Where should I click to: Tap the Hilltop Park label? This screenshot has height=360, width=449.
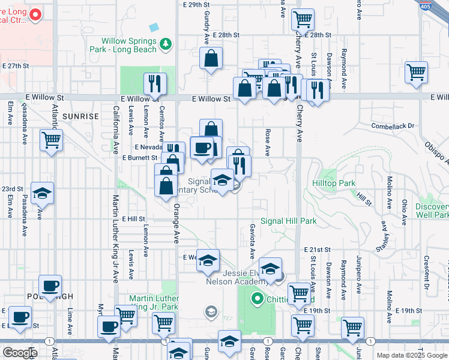(334, 182)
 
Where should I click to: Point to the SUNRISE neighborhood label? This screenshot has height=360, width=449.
(80, 116)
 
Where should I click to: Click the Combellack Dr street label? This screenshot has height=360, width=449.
(393, 126)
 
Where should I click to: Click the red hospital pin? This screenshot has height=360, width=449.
(35, 15)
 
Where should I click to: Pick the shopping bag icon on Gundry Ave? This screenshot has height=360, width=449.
(211, 59)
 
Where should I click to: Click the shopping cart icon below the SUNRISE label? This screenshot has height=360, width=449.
(52, 140)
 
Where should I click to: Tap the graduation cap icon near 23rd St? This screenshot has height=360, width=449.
(42, 193)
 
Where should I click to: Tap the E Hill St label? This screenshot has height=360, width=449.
(134, 220)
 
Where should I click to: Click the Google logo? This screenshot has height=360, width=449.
(20, 353)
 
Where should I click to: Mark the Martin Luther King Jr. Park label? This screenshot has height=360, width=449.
(154, 303)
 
